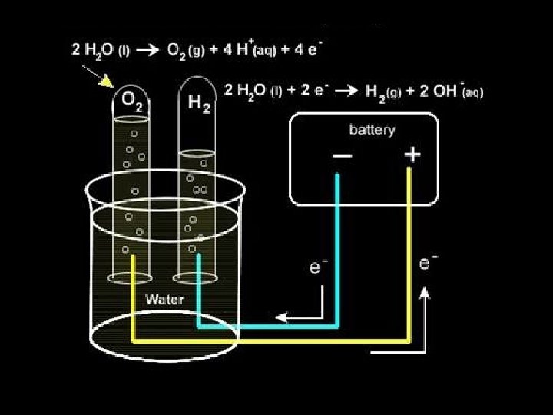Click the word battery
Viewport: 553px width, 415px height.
click(372, 129)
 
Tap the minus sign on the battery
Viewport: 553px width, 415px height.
click(343, 156)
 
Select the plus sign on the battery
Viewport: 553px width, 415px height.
click(412, 155)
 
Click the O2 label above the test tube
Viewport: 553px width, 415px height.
click(128, 101)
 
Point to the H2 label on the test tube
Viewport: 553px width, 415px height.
click(199, 101)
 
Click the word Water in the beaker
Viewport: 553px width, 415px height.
click(164, 299)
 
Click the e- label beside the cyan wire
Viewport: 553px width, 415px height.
click(317, 267)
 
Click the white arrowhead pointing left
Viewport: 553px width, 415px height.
click(282, 316)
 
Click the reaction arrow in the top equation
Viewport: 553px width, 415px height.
click(152, 51)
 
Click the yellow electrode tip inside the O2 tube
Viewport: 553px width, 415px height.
click(134, 259)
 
